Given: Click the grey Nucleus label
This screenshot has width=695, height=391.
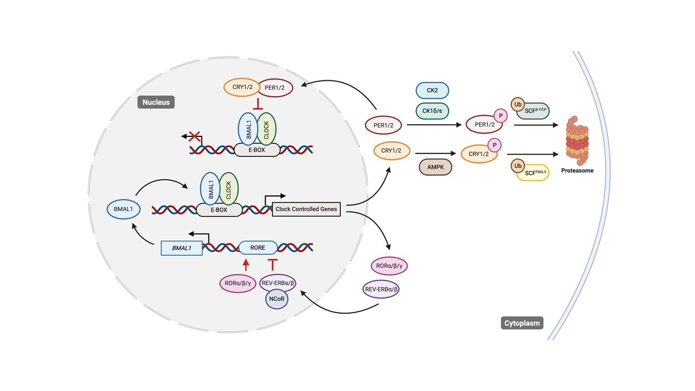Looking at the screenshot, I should [156, 102].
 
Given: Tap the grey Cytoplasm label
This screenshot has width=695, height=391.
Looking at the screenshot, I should [521, 323].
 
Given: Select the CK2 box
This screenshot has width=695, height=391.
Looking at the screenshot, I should [432, 90].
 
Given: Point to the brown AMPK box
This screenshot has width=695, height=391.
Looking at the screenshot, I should [435, 167].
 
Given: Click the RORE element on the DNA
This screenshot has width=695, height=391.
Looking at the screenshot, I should [258, 248].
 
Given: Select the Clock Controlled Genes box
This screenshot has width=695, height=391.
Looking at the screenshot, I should [306, 209].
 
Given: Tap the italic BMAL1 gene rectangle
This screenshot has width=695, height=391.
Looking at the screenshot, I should [182, 248].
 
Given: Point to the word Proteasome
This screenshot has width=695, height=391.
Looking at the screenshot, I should [578, 171].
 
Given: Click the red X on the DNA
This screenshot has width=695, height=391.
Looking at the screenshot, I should [193, 137].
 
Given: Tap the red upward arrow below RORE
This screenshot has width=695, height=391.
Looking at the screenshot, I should [246, 264].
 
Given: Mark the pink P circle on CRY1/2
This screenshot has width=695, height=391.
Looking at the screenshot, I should [494, 145].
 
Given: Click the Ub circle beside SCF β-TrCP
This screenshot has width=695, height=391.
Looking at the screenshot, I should [516, 103].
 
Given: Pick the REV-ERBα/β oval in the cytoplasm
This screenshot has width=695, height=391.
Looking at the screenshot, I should [381, 289].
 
